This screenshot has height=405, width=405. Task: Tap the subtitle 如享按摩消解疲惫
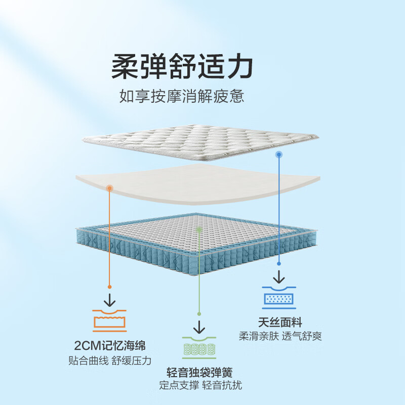click(182, 96)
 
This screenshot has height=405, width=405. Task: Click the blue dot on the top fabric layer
click(278, 153)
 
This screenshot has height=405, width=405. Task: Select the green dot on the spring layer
click(199, 229)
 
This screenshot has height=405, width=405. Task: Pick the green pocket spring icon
click(199, 349)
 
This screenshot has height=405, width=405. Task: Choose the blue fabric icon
click(278, 298)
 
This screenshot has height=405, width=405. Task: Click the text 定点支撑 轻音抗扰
click(200, 386)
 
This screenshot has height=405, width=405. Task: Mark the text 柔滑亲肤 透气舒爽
click(280, 336)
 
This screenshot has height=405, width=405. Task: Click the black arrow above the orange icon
click(109, 297)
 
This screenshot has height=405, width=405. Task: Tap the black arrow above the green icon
click(199, 326)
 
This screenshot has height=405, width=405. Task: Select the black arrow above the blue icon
click(278, 276)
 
